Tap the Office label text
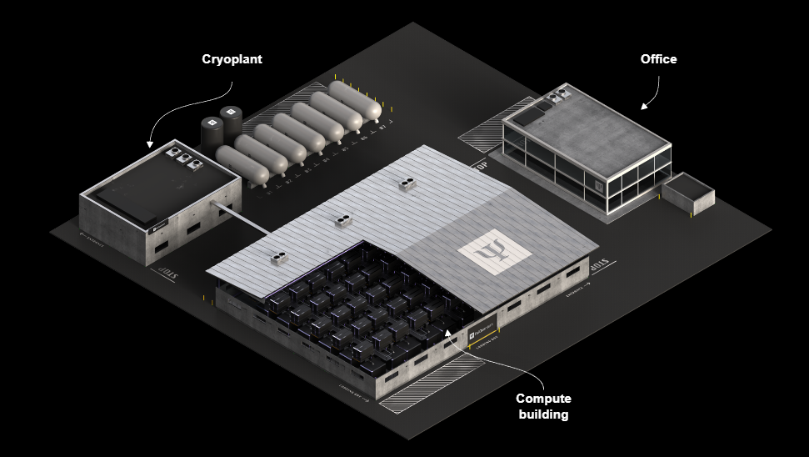pyautogui.click(x=658, y=59)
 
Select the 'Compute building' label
pyautogui.click(x=543, y=406)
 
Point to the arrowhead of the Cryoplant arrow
pyautogui.click(x=150, y=145)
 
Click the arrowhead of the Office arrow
pyautogui.click(x=642, y=106)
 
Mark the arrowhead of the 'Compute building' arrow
pyautogui.click(x=447, y=332)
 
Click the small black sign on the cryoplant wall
pyautogui.click(x=158, y=223)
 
